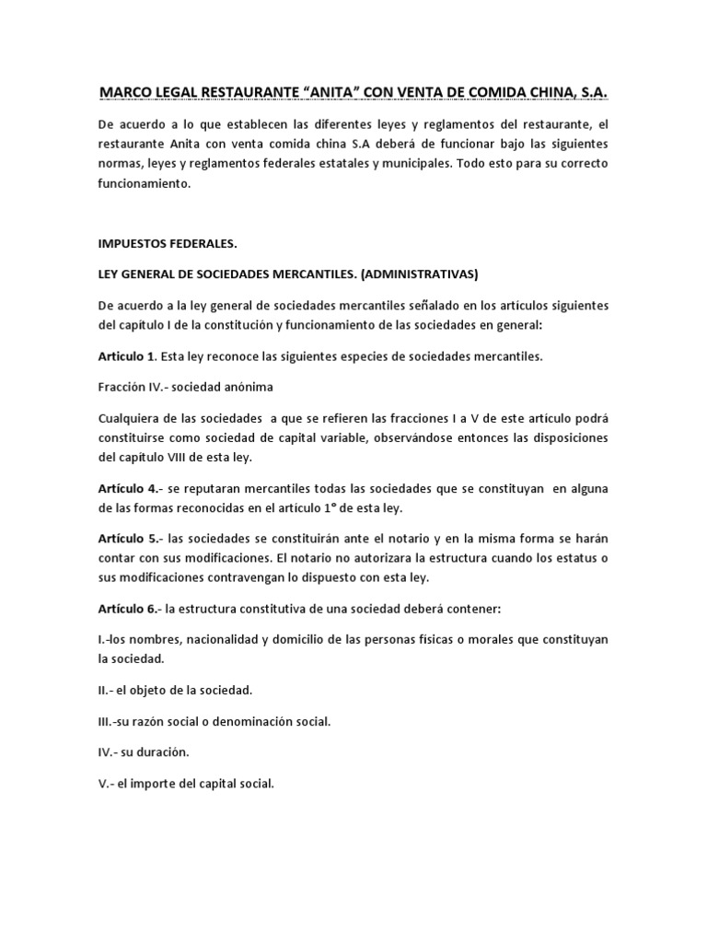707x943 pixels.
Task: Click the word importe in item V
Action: [x=166, y=784]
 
